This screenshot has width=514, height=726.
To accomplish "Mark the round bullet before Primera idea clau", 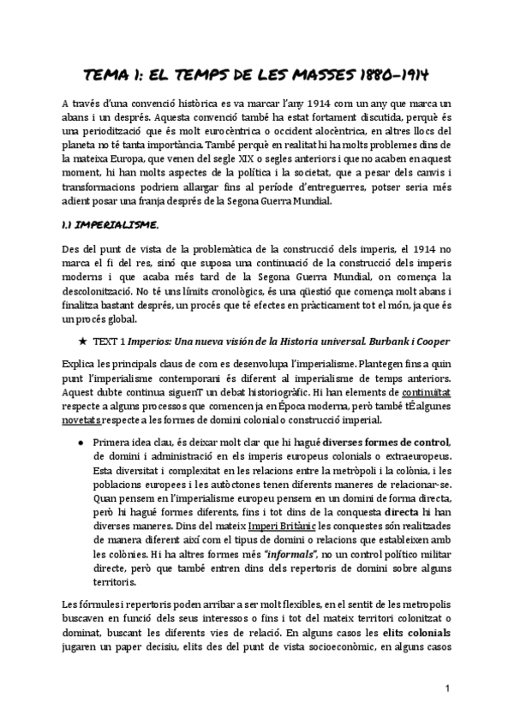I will point(80,442).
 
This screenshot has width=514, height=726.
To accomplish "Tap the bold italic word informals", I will point(272,557).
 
